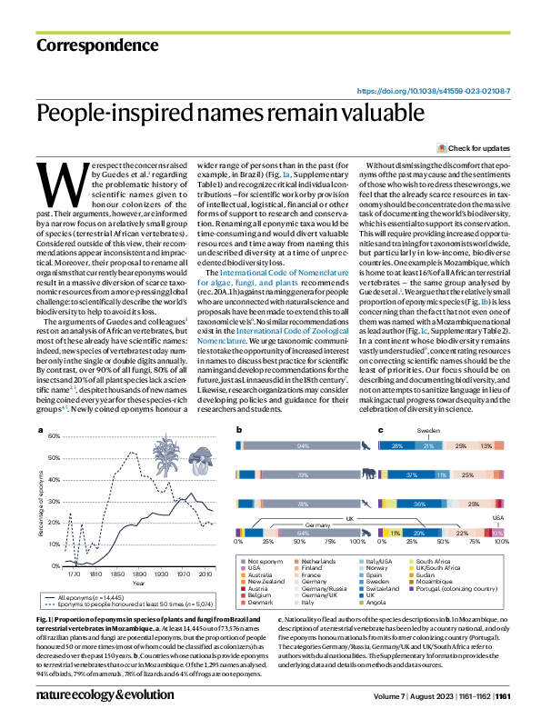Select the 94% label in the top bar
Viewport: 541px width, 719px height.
click(x=303, y=446)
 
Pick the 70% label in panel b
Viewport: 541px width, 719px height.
click(x=302, y=474)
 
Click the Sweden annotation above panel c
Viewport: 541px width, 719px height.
click(x=427, y=429)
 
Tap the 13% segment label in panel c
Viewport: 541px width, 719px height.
click(x=486, y=446)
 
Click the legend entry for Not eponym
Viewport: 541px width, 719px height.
click(x=265, y=564)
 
